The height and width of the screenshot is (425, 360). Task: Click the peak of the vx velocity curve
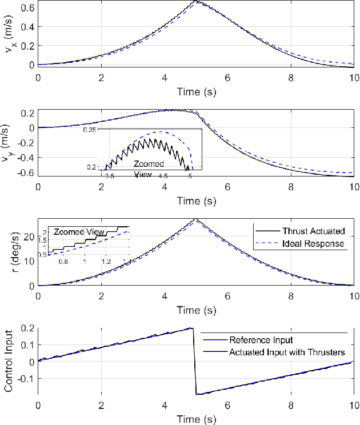point(196,2)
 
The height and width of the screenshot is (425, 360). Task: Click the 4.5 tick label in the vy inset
point(163,177)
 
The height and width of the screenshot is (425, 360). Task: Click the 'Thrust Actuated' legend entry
point(313,231)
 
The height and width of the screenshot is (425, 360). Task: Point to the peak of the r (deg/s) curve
point(196,219)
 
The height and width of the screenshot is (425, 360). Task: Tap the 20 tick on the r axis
point(29,235)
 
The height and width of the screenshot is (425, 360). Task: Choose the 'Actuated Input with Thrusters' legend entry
point(287,352)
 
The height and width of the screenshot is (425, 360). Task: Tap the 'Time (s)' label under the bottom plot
point(195,419)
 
